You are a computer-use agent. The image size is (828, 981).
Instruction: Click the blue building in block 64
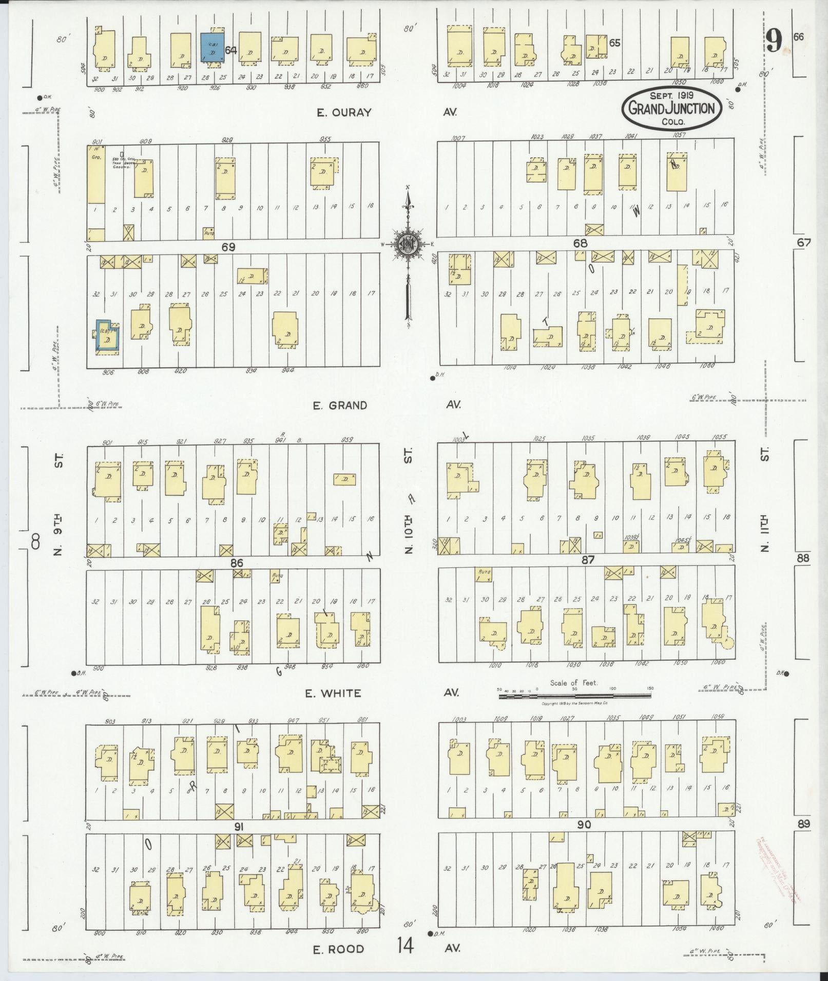(212, 48)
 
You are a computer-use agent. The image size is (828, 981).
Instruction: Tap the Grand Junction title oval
(671, 108)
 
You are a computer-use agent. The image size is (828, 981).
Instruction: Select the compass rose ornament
(408, 244)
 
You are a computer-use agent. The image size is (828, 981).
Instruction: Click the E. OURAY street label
(343, 112)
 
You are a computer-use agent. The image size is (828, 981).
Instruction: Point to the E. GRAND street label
(341, 405)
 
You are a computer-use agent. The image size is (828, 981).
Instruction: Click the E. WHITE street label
(333, 693)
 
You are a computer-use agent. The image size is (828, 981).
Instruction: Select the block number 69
(228, 247)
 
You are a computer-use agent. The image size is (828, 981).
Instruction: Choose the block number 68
(580, 243)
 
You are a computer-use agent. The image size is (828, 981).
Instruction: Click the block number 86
(236, 563)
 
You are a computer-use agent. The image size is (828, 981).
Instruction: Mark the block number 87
(587, 560)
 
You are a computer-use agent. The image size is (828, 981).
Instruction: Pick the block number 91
(238, 827)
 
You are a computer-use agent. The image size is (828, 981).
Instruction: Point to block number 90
(584, 825)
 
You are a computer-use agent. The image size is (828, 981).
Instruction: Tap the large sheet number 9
(775, 41)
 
